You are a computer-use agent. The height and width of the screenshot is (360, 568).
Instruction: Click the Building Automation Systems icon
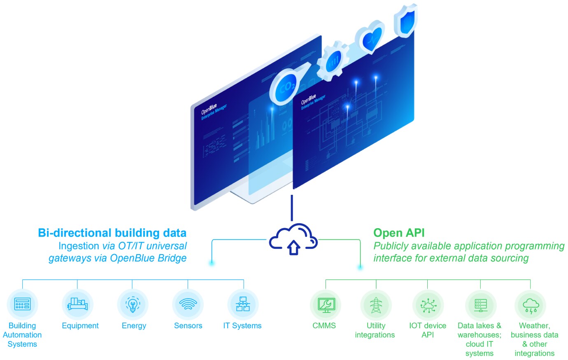22,304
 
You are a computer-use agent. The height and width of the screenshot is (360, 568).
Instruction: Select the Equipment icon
77,304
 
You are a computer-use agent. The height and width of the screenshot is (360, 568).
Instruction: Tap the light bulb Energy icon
133,304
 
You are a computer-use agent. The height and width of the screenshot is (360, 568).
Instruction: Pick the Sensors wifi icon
188,304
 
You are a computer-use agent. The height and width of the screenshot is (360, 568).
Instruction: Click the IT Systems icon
243,304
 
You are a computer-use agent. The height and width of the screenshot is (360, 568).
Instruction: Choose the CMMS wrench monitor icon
326,305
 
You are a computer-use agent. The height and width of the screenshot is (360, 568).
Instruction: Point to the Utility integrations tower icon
376,305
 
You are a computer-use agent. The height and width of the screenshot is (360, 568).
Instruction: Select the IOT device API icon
428,305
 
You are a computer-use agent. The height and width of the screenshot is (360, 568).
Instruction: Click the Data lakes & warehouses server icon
480,305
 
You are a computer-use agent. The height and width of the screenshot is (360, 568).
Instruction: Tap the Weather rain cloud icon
531,305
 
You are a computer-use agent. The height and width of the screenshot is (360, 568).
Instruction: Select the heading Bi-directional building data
112,233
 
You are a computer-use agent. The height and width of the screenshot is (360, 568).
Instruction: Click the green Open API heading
399,233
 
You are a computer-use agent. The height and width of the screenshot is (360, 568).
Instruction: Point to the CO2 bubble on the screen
287,86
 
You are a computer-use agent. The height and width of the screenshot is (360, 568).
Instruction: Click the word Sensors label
188,326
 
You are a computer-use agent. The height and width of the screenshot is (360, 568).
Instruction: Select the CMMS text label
324,326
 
